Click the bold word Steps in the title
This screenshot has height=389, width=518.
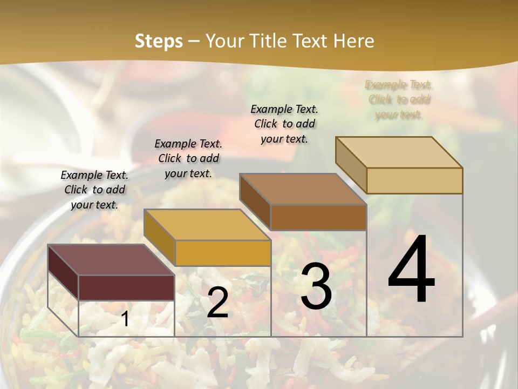coord(159,41)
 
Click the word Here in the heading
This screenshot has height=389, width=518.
coord(353,41)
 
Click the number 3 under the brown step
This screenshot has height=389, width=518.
coord(316,286)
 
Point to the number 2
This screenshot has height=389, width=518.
coord(217,303)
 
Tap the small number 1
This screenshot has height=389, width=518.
coord(125,319)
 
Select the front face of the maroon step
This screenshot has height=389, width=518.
coord(126,287)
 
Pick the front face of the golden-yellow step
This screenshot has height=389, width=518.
coord(222,253)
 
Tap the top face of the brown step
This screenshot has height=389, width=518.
coord(303,189)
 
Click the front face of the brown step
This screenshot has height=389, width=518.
coord(318,217)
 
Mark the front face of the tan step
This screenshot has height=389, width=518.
coord(414,180)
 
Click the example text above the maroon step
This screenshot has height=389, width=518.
coord(94,190)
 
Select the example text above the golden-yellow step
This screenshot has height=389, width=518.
coord(188,158)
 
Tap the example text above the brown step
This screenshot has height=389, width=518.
coord(284,124)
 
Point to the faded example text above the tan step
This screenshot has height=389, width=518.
coord(399,99)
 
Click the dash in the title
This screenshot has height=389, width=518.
coord(194,42)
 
